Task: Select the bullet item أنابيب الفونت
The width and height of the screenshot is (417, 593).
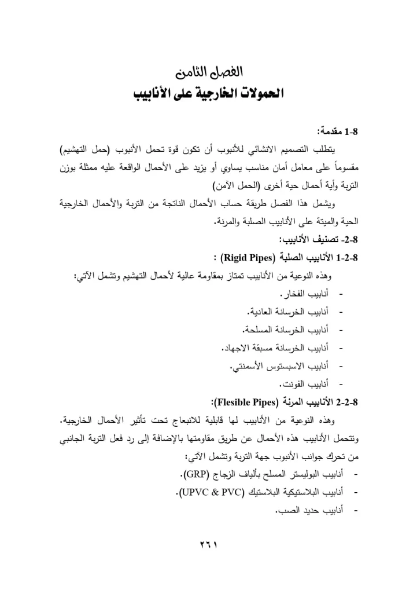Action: [301, 385]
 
